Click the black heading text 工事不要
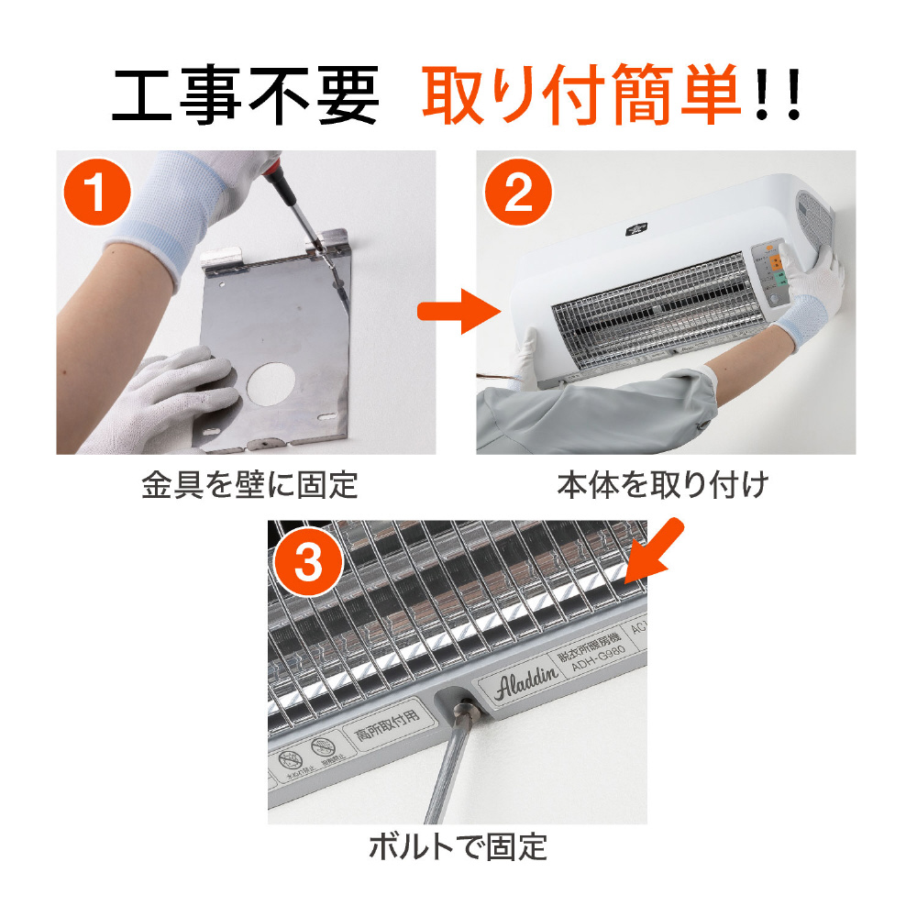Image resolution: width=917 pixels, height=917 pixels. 245,96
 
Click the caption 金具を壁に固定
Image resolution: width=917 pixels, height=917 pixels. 249,485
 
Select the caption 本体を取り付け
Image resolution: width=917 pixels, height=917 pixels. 662,485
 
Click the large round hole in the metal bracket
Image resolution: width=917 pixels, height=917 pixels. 274,378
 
